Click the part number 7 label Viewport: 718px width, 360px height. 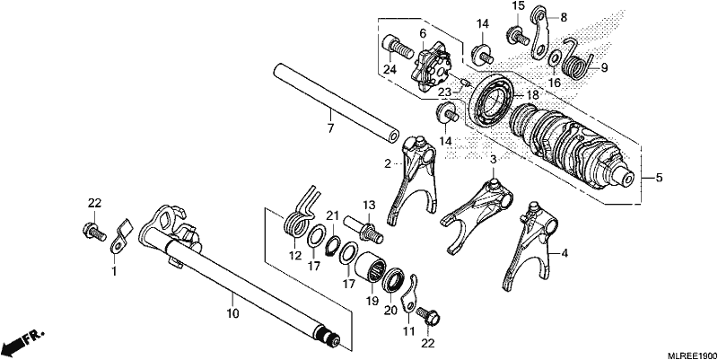(x=330, y=127)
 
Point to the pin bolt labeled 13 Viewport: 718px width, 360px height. (x=363, y=227)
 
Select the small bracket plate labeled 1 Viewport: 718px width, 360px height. (x=120, y=235)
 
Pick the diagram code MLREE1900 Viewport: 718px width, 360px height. (x=691, y=355)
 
